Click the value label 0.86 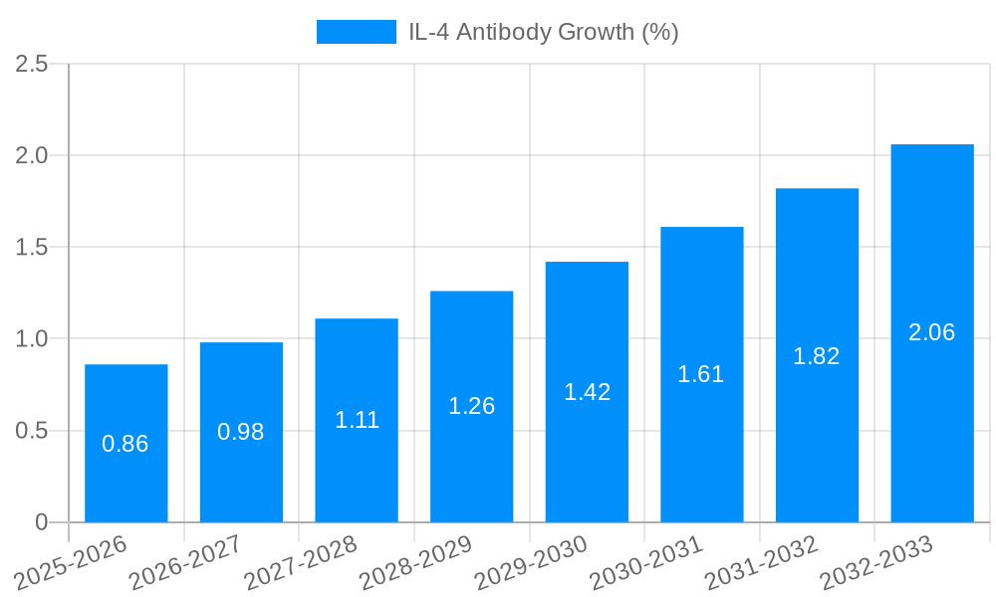pos(125,444)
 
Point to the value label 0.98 pos(241,432)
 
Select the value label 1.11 pos(357,420)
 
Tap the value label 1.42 pos(587,392)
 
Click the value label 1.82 pos(817,356)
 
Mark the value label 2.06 pos(932,332)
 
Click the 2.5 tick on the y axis pos(32,64)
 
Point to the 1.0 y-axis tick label pos(32,339)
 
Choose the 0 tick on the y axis pos(41,522)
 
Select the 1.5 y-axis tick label pos(32,248)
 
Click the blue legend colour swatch pos(356,32)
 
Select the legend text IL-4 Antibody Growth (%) pos(544,32)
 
